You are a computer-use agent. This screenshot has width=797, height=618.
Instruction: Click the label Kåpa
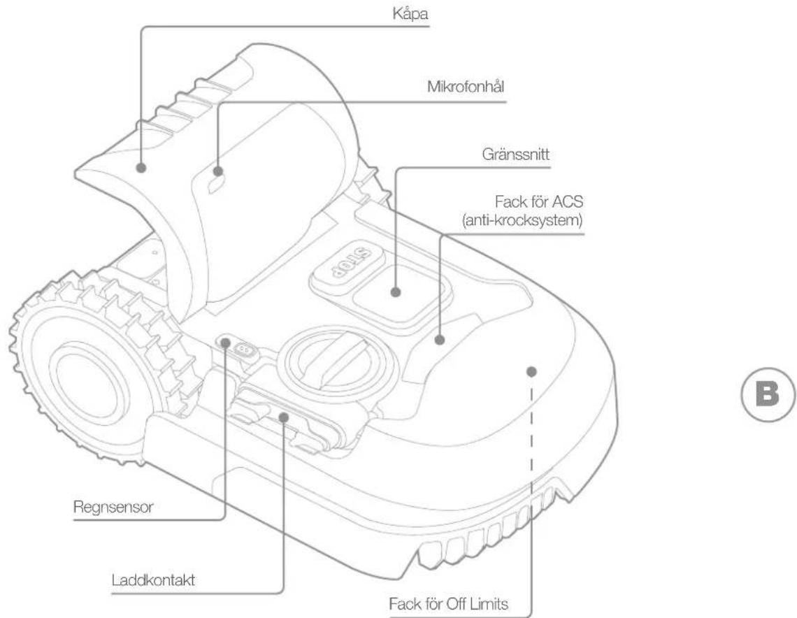point(410,14)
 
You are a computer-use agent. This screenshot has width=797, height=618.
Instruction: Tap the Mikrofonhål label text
point(466,87)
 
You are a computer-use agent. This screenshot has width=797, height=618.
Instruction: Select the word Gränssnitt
point(515,154)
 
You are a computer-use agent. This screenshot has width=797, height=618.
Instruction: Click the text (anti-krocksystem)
point(522,221)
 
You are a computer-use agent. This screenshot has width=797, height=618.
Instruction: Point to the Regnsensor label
point(113,508)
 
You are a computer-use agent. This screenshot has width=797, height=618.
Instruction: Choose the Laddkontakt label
point(153,580)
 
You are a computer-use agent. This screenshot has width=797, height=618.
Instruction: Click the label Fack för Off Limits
point(448,604)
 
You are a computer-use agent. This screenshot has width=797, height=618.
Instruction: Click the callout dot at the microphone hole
point(217,171)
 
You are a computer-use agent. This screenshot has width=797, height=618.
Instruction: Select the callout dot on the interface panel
point(396,292)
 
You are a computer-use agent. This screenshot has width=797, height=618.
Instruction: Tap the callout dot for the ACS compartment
point(440,340)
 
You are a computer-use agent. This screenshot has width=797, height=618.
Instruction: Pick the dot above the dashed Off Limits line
point(531,371)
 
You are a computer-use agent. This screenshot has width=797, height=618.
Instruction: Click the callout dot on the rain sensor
point(225,343)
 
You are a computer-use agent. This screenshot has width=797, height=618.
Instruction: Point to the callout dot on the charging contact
point(284,417)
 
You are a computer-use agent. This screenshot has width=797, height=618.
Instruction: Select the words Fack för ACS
point(539,202)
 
